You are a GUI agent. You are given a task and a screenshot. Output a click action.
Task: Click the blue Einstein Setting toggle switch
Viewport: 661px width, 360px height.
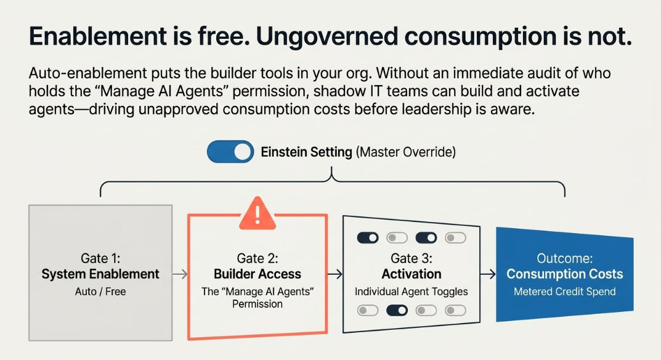click(x=230, y=152)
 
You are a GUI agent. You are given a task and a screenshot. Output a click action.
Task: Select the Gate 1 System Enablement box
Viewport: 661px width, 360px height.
click(x=100, y=272)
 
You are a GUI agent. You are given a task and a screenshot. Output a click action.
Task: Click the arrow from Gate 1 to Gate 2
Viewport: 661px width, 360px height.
click(x=180, y=274)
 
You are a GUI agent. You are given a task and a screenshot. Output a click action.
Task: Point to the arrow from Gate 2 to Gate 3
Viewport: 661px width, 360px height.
click(x=335, y=274)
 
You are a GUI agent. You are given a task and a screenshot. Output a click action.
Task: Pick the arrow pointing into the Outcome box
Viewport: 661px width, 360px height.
click(x=488, y=274)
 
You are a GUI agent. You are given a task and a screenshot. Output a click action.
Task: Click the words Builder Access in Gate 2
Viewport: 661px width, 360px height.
click(x=257, y=274)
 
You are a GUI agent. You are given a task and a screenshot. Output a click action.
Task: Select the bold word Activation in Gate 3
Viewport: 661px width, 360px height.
click(x=412, y=274)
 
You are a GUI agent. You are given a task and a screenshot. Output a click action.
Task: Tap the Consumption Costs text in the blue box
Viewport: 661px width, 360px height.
click(x=564, y=274)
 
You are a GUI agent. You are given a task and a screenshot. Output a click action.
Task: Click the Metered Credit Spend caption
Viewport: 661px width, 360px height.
click(x=564, y=292)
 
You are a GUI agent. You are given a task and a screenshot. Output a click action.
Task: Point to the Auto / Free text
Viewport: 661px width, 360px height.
click(x=100, y=292)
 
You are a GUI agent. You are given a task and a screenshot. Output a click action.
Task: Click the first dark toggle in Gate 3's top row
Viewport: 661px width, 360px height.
click(x=368, y=238)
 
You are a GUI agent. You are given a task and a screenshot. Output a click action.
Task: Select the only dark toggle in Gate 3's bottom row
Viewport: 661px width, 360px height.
click(x=397, y=311)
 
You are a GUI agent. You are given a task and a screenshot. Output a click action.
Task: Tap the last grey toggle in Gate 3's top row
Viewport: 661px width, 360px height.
click(x=455, y=238)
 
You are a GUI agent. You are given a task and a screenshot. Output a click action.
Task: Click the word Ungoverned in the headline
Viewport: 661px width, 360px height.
click(x=326, y=36)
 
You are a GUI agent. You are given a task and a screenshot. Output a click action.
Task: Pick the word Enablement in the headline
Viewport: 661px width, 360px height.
click(x=98, y=36)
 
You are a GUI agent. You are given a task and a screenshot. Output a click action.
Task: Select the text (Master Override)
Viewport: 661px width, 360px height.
click(x=406, y=152)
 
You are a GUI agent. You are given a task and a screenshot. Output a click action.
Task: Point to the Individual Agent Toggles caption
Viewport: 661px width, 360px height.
click(x=412, y=292)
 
